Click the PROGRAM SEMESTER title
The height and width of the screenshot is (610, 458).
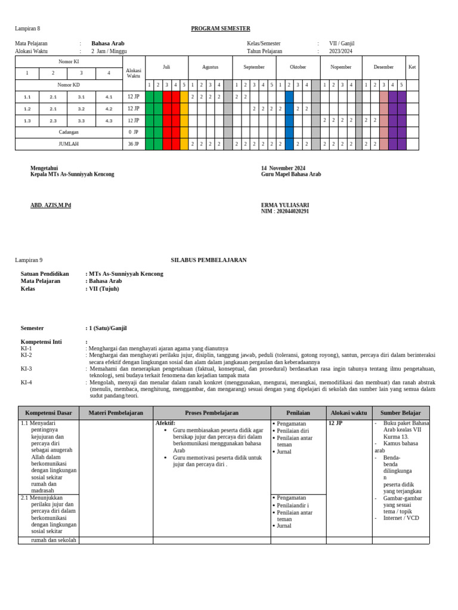point(220,29)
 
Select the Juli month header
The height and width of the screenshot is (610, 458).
point(166,67)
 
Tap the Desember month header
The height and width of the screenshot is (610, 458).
point(383,67)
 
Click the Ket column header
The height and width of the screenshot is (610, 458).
point(412,67)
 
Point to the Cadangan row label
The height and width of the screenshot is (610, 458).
point(68,132)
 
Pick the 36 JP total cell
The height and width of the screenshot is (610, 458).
point(133,144)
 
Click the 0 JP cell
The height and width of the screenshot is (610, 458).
point(133,132)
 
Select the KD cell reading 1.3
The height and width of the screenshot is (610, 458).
point(27,121)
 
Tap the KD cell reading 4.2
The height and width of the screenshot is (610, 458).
point(108,109)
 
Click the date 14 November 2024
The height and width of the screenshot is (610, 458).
point(283,168)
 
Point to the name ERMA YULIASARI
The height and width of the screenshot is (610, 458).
point(285,205)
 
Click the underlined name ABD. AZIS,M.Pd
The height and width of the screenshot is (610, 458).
point(51,206)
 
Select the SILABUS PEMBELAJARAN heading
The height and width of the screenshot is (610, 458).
point(209,260)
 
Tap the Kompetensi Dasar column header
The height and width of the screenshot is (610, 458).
point(48,413)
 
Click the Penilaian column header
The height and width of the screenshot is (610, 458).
point(298,413)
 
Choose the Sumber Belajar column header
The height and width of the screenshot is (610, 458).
point(400,413)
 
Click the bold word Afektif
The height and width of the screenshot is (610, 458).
point(165,423)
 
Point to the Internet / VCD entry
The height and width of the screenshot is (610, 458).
point(401,518)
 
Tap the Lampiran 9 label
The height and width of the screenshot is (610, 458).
point(29,260)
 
